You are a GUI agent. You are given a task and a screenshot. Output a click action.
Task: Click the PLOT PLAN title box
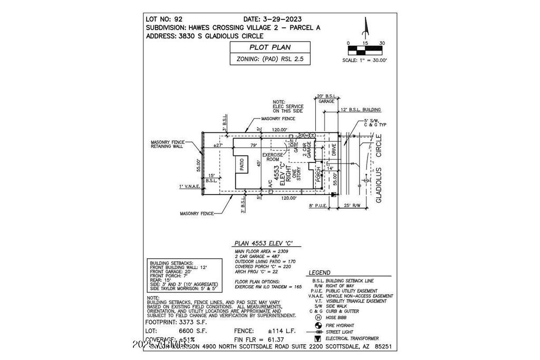[x=269, y=47]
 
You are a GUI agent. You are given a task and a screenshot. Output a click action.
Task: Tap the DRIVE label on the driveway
[x=333, y=150]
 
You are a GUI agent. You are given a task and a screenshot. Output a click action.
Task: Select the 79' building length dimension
[x=253, y=145]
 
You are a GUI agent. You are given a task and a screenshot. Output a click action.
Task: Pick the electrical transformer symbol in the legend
[x=317, y=338]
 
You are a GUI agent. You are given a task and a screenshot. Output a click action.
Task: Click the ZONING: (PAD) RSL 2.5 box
[x=269, y=60]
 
